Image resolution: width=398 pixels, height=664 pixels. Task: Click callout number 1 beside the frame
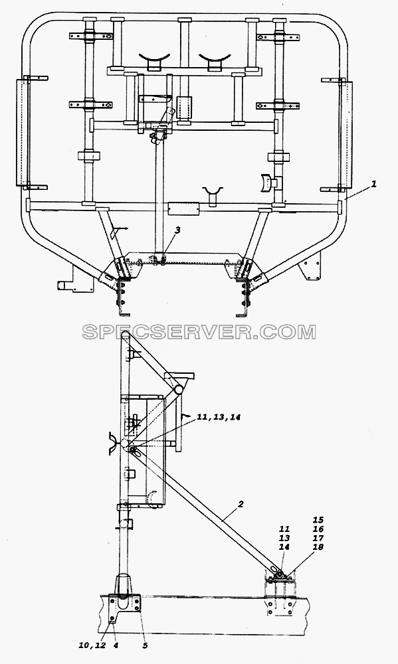[x=373, y=185]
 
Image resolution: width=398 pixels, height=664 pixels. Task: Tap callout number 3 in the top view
[x=177, y=230]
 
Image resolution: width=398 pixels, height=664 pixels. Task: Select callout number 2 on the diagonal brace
[x=241, y=504]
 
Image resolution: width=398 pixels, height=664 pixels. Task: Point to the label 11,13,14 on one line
[x=219, y=418]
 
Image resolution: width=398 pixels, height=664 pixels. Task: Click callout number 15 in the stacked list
[x=318, y=520]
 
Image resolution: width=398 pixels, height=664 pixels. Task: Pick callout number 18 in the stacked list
[x=318, y=547]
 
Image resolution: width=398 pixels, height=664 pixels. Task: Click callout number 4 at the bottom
[x=116, y=645]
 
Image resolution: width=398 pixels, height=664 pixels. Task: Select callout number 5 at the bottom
[x=145, y=645]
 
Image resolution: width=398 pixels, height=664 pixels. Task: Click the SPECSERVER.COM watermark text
[x=199, y=331]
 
